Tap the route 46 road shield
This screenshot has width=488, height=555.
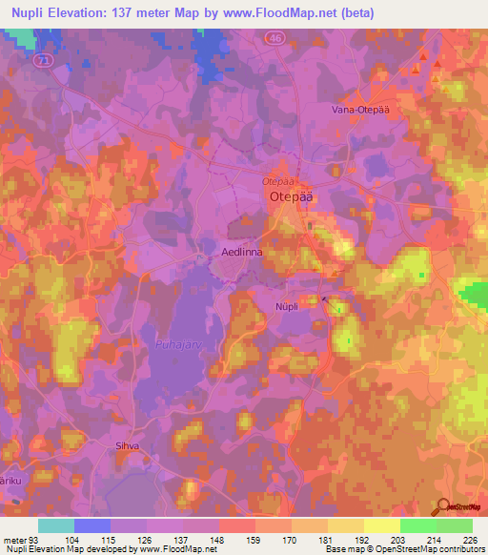[x=274, y=35]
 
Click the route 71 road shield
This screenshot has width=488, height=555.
[x=41, y=59]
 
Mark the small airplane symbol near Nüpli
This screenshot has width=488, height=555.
[x=325, y=299]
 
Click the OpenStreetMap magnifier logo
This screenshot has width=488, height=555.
[x=446, y=507]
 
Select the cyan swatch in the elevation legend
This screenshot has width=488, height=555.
[x=55, y=525]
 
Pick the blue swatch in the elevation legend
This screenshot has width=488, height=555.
[x=91, y=525]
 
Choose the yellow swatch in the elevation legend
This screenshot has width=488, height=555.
[x=381, y=525]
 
